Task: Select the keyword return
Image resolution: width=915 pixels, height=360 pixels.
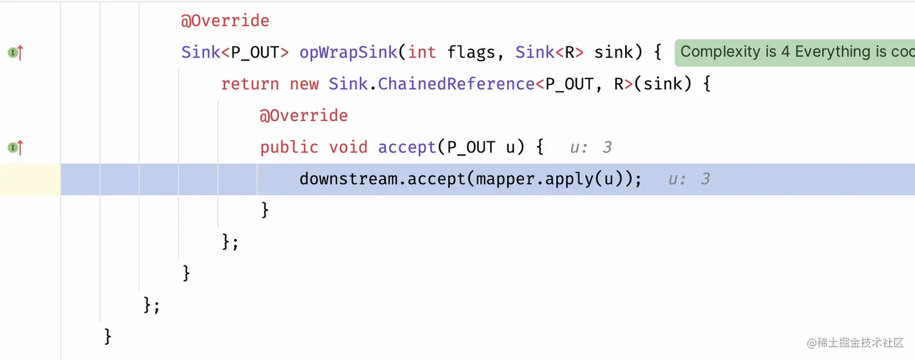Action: [250, 83]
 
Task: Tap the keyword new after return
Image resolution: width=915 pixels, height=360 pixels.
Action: [304, 83]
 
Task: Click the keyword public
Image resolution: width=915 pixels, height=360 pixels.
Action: [289, 147]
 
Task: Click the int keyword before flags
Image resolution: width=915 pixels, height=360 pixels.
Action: [422, 52]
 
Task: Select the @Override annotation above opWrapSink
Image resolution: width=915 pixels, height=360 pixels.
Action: [225, 21]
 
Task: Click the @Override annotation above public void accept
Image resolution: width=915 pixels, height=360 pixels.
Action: [304, 115]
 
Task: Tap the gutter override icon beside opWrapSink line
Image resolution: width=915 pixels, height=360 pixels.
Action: [15, 53]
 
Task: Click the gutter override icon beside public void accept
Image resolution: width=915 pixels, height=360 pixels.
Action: [15, 147]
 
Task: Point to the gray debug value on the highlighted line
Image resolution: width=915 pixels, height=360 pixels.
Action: [689, 179]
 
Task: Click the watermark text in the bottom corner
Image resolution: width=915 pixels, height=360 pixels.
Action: [854, 342]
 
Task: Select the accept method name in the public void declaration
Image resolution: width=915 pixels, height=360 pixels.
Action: [407, 147]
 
